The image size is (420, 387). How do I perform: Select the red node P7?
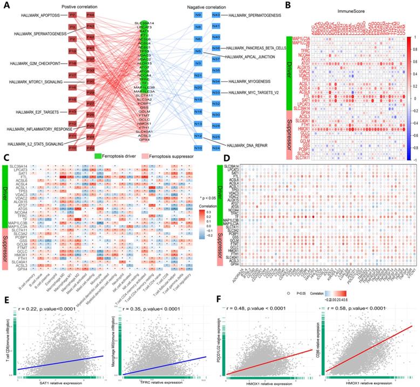pos(72,15)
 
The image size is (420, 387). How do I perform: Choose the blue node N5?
pos(198,51)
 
